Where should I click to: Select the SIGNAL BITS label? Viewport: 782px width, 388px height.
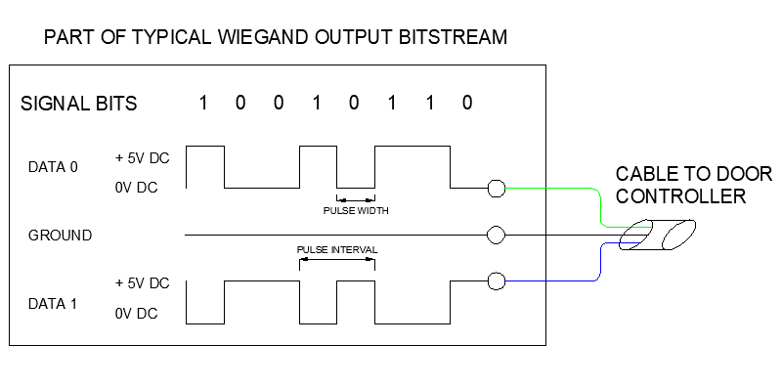point(79,104)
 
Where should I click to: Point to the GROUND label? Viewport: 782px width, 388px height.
point(61,236)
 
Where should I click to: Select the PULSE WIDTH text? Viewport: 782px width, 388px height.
point(356,210)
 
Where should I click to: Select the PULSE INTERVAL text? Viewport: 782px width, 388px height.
point(337,250)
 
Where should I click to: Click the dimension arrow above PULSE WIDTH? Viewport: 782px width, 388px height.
point(356,198)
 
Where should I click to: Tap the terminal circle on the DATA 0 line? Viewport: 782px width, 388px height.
point(496,188)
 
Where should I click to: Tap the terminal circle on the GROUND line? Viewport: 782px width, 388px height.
point(496,236)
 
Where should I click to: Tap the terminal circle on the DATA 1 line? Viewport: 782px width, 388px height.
point(496,282)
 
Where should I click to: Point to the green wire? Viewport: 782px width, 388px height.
point(557,188)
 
